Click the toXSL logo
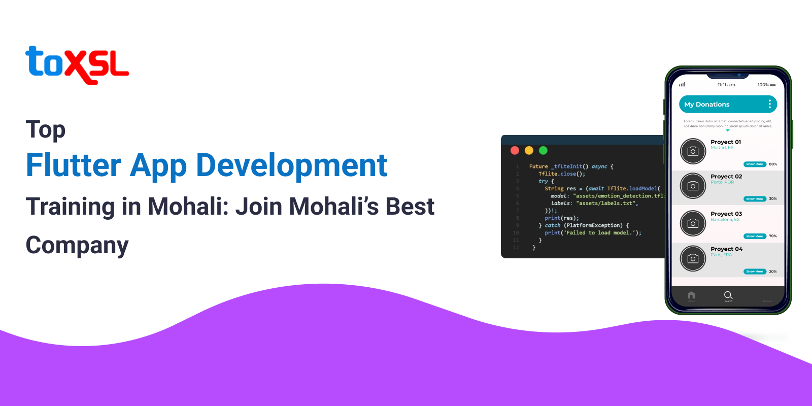[x=77, y=65]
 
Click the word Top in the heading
[x=46, y=130]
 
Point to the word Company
[x=77, y=246]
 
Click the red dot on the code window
[x=515, y=150]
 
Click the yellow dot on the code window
[x=529, y=150]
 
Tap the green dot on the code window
[x=543, y=150]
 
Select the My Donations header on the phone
[x=707, y=105]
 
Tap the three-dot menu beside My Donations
[x=770, y=104]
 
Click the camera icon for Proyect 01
[x=693, y=151]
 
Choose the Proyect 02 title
[x=726, y=177]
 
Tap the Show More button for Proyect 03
[x=755, y=236]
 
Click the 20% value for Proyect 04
[x=773, y=272]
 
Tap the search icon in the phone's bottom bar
[x=728, y=295]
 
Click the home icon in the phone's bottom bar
[x=691, y=295]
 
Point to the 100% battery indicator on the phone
[x=766, y=85]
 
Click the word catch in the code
[x=553, y=225]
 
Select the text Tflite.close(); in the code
[x=562, y=174]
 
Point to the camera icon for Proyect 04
[x=693, y=259]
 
